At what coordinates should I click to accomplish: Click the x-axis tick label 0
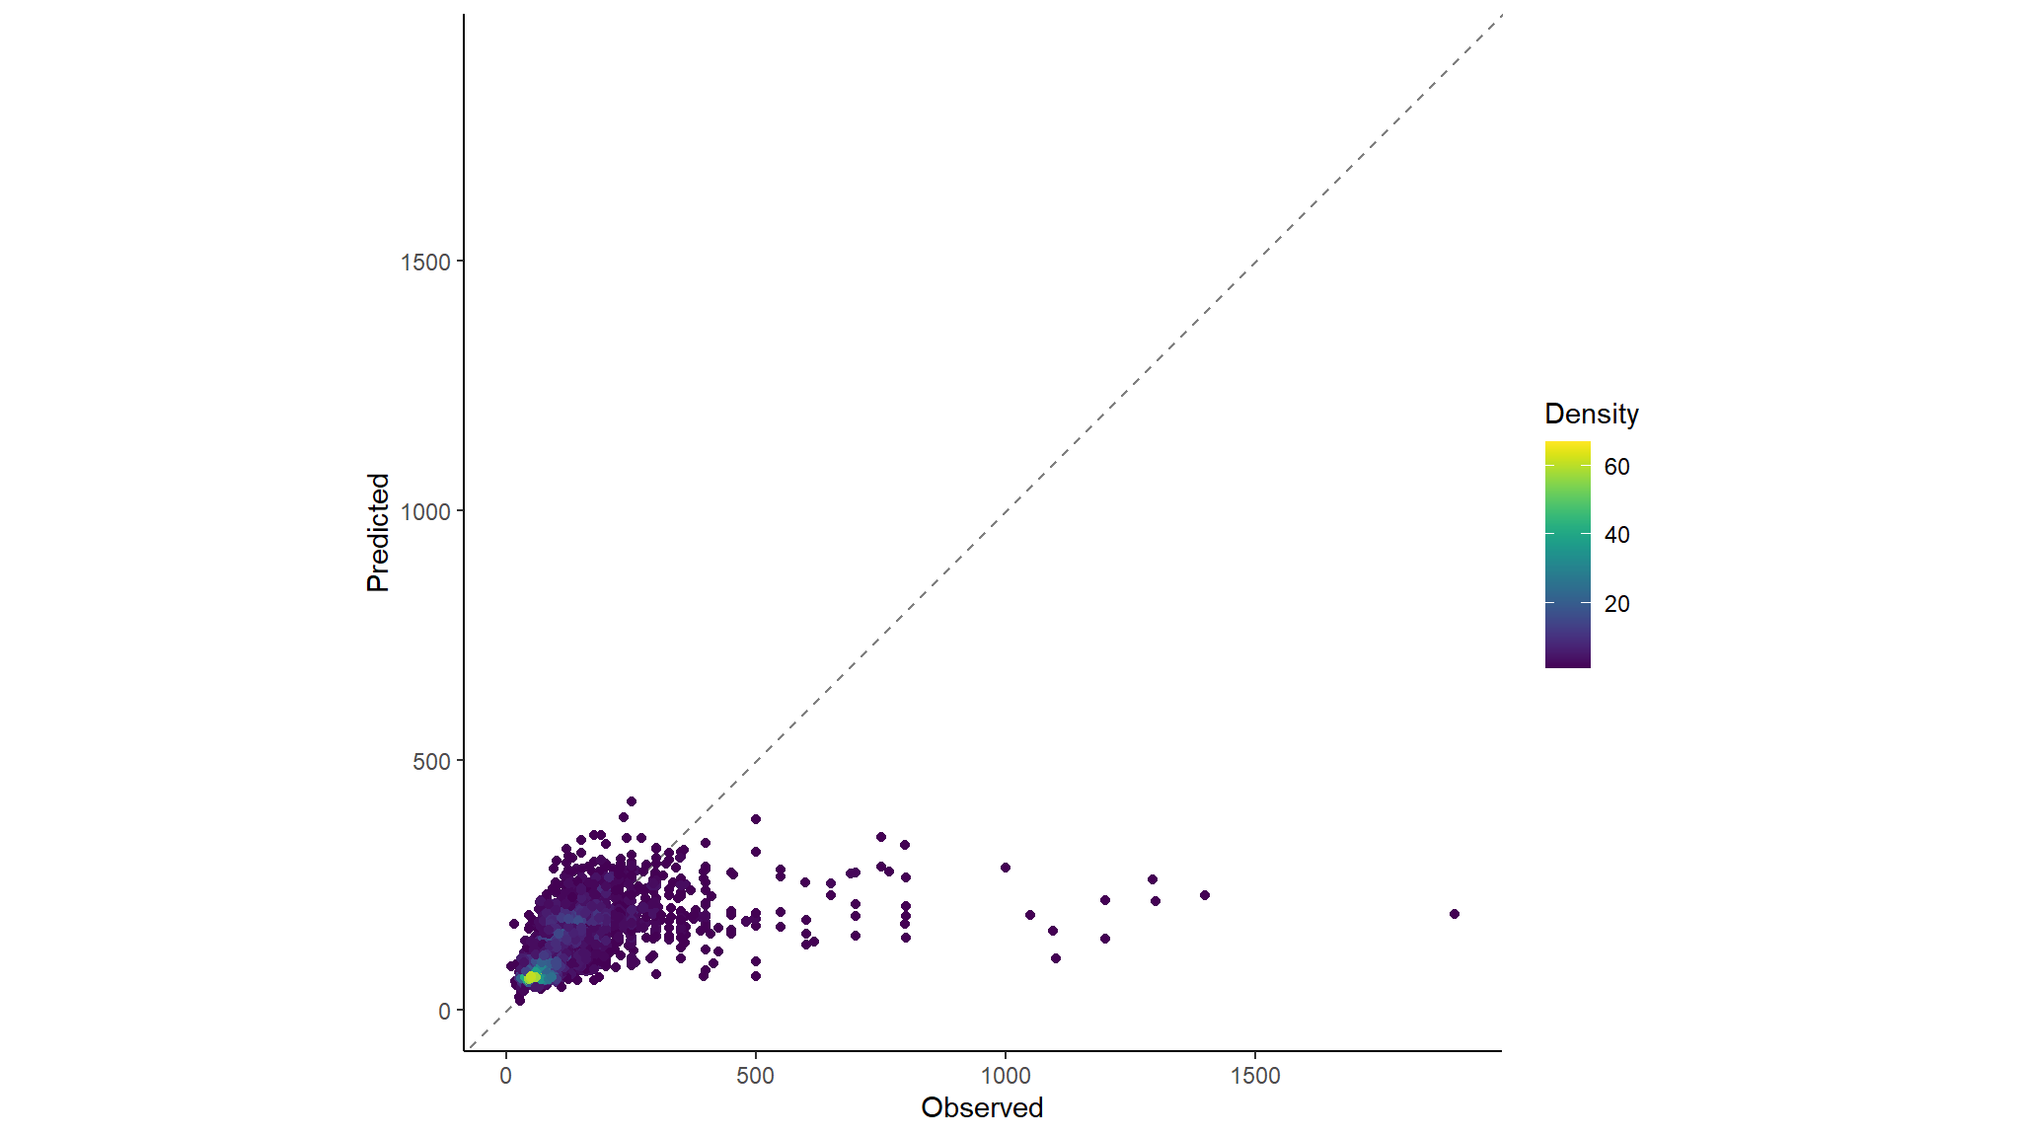pyautogui.click(x=505, y=1076)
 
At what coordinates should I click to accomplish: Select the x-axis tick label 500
pyautogui.click(x=755, y=1076)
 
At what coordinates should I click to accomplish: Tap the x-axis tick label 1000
pyautogui.click(x=1005, y=1076)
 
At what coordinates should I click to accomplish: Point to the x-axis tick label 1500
pyautogui.click(x=1254, y=1076)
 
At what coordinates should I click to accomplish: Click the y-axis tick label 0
pyautogui.click(x=444, y=1011)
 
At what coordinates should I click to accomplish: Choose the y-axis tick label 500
pyautogui.click(x=431, y=761)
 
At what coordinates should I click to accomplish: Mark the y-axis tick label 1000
pyautogui.click(x=425, y=511)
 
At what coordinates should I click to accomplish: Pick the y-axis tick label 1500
pyautogui.click(x=425, y=262)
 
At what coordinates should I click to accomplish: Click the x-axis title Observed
pyautogui.click(x=981, y=1107)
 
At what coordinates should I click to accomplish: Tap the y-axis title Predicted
pyautogui.click(x=378, y=532)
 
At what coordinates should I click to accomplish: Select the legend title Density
pyautogui.click(x=1591, y=414)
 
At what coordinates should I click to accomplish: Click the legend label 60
pyautogui.click(x=1616, y=467)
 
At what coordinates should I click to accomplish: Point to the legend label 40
pyautogui.click(x=1616, y=535)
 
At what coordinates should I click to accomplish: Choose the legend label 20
pyautogui.click(x=1616, y=604)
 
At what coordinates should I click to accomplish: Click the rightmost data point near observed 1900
pyautogui.click(x=1454, y=914)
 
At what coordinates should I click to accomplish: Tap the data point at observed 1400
pyautogui.click(x=1204, y=895)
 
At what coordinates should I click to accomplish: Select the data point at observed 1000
pyautogui.click(x=1005, y=868)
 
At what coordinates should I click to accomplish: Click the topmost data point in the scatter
pyautogui.click(x=631, y=801)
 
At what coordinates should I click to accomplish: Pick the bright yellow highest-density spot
pyautogui.click(x=531, y=977)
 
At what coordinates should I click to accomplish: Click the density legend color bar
pyautogui.click(x=1567, y=555)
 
